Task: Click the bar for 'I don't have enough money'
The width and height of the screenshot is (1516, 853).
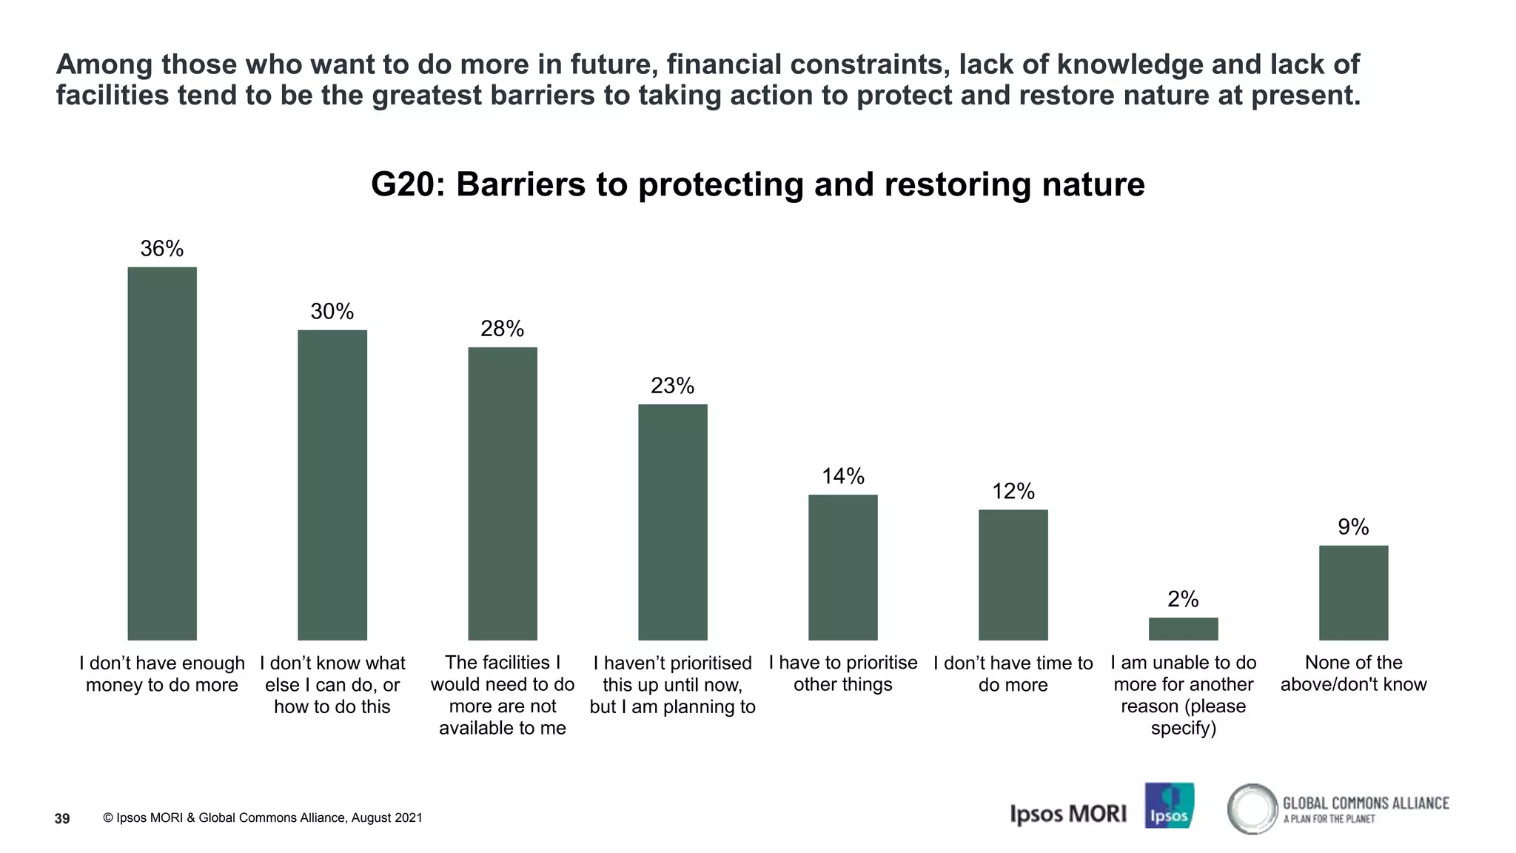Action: pos(162,453)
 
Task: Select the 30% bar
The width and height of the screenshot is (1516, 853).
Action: pos(332,485)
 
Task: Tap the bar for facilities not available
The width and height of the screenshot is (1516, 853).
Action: pos(503,493)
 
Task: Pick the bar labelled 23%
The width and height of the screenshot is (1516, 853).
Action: pos(673,522)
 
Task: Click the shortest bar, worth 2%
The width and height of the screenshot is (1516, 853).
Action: pos(1183,629)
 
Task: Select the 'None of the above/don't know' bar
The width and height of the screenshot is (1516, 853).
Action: pos(1353,592)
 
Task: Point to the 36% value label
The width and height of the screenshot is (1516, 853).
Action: pos(162,249)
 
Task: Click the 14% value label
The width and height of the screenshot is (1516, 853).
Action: pos(843,476)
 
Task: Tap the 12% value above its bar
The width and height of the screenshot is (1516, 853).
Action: pos(1013,492)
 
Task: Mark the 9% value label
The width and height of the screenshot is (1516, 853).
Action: pos(1353,527)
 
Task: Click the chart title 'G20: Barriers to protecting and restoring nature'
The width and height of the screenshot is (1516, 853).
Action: pos(757,184)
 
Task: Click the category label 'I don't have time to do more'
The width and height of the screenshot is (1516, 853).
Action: pos(1013,674)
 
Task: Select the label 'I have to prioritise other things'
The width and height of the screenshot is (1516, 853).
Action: pos(843,674)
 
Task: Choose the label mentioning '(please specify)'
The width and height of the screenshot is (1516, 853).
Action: pos(1183,695)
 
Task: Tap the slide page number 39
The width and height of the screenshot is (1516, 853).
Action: pos(63,818)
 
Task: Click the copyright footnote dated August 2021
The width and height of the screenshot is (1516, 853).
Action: pos(263,818)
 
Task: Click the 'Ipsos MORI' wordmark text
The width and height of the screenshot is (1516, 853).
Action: pos(1068,814)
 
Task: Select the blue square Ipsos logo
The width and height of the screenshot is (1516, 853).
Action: pos(1169,806)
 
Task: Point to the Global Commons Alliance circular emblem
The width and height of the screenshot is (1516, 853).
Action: pos(1252,809)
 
